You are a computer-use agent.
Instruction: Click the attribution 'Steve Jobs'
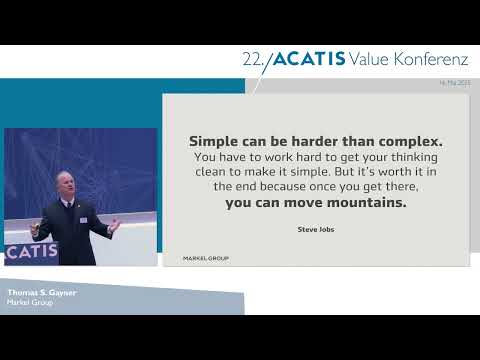coord(317,229)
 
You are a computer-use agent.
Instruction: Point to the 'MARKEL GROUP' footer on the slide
coord(206,258)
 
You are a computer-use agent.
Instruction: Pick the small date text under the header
coord(454,83)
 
